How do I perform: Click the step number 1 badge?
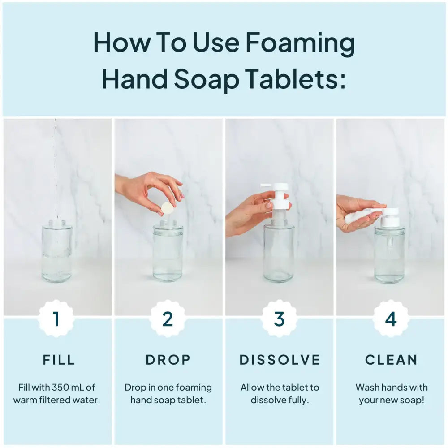(x=56, y=319)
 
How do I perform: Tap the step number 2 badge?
(x=168, y=319)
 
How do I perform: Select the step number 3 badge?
(x=279, y=319)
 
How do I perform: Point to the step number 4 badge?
(x=391, y=319)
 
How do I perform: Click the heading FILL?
(x=59, y=359)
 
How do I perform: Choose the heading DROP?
(x=168, y=359)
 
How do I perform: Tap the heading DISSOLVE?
(x=280, y=359)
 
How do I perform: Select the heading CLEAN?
(x=391, y=359)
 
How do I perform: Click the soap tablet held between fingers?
(x=168, y=208)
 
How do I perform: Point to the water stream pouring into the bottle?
(x=56, y=170)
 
